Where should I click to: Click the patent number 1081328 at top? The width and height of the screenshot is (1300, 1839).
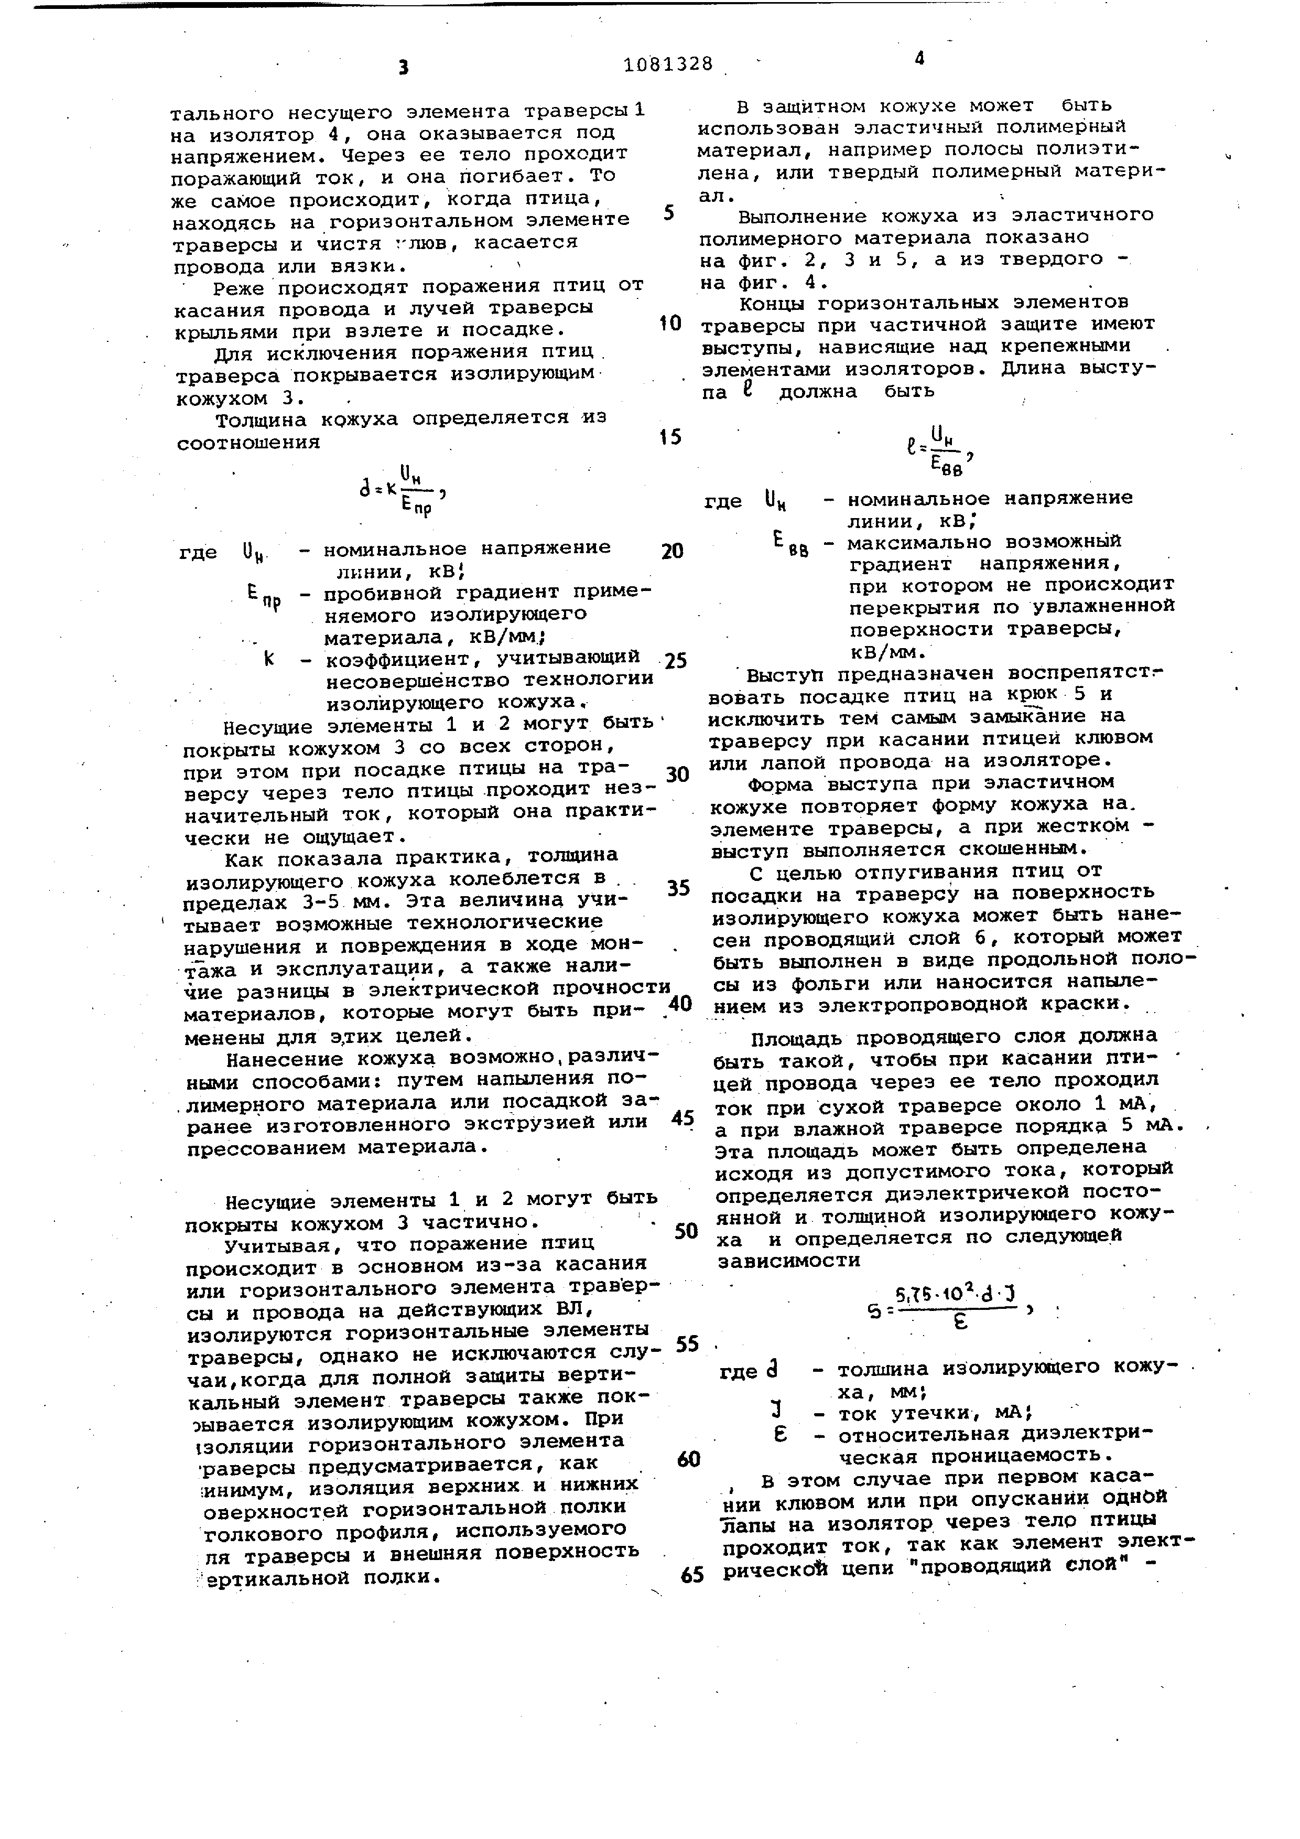point(668,64)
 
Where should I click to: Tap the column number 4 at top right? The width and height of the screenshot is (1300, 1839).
point(919,59)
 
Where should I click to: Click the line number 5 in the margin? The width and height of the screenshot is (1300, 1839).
point(669,213)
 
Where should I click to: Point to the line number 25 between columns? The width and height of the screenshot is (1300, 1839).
point(676,661)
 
